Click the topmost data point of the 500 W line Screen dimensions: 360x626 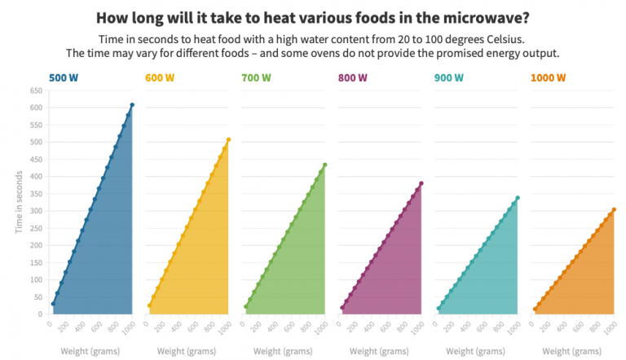[132, 105]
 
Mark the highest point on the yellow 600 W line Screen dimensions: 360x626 [228, 139]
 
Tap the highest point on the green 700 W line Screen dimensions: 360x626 [325, 165]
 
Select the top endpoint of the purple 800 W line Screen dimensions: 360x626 [421, 183]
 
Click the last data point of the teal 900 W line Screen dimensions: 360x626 [518, 198]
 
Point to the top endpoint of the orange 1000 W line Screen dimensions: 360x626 [614, 209]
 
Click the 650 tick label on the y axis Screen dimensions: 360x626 [36, 90]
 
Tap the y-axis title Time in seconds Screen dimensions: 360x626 [19, 202]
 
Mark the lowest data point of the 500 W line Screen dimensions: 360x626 [53, 304]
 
